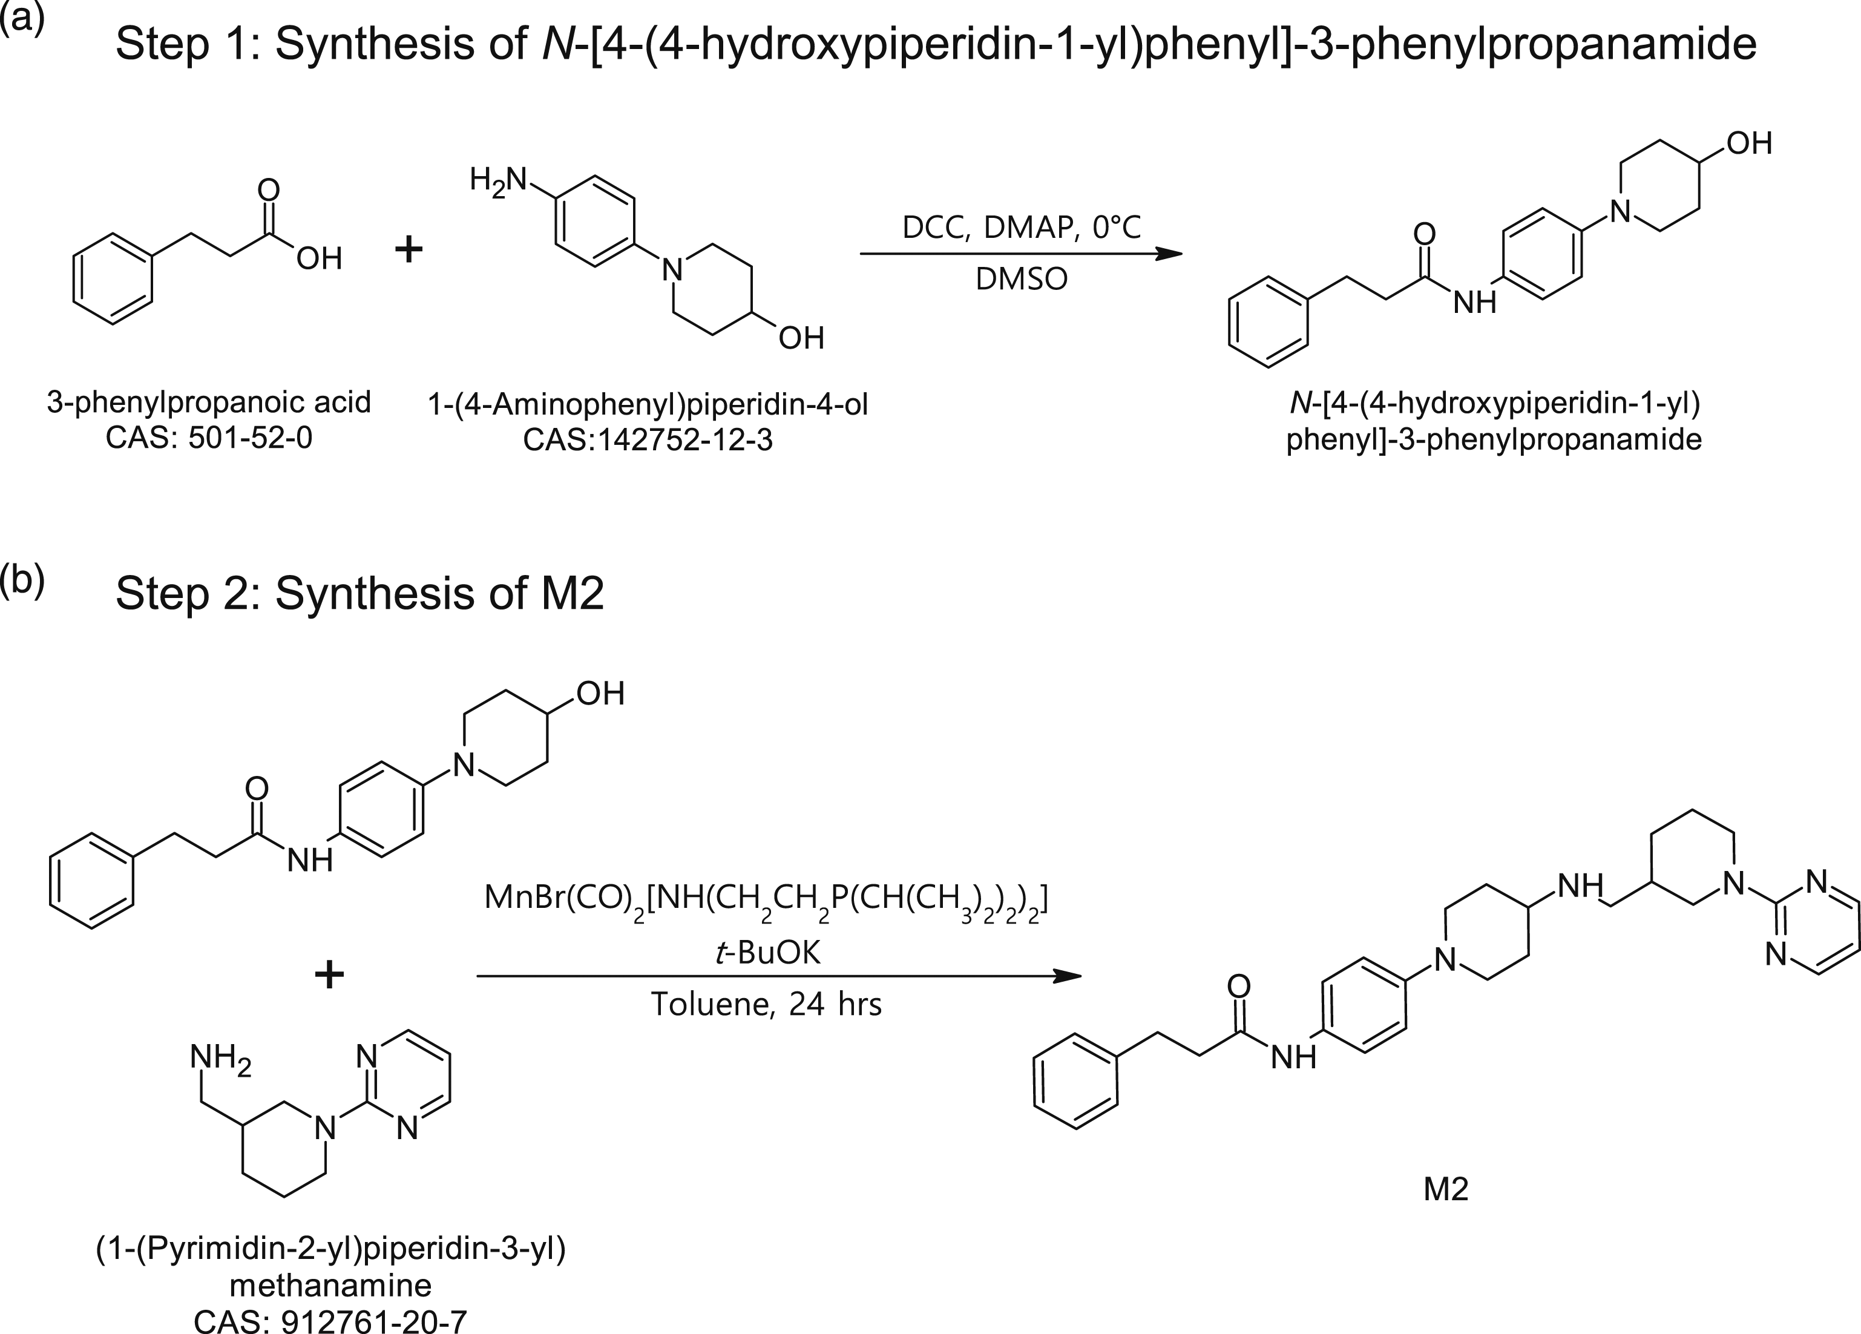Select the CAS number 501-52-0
pyautogui.click(x=251, y=439)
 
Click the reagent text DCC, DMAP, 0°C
pyautogui.click(x=1021, y=227)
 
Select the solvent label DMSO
pyautogui.click(x=1021, y=280)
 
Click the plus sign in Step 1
pyautogui.click(x=409, y=248)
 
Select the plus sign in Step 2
pyautogui.click(x=329, y=974)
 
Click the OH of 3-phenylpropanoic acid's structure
pyautogui.click(x=319, y=259)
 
